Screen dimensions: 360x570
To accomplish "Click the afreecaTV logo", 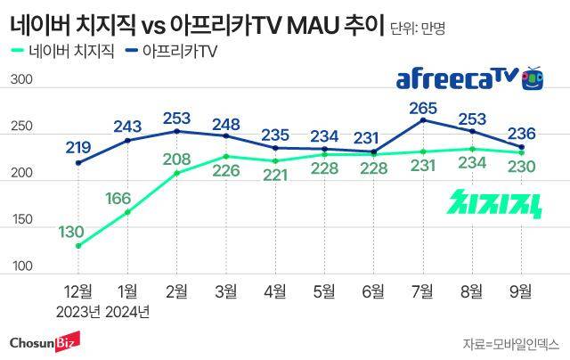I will click(x=469, y=79).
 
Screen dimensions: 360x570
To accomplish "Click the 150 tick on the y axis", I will click(x=21, y=220).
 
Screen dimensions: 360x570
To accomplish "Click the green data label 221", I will click(x=275, y=175).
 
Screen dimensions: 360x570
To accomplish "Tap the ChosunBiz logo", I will click(x=45, y=341).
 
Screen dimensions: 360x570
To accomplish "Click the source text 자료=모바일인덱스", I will click(x=510, y=343).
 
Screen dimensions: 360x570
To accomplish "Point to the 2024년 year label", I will click(x=127, y=311).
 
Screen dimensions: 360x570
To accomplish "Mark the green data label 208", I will click(x=176, y=160).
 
